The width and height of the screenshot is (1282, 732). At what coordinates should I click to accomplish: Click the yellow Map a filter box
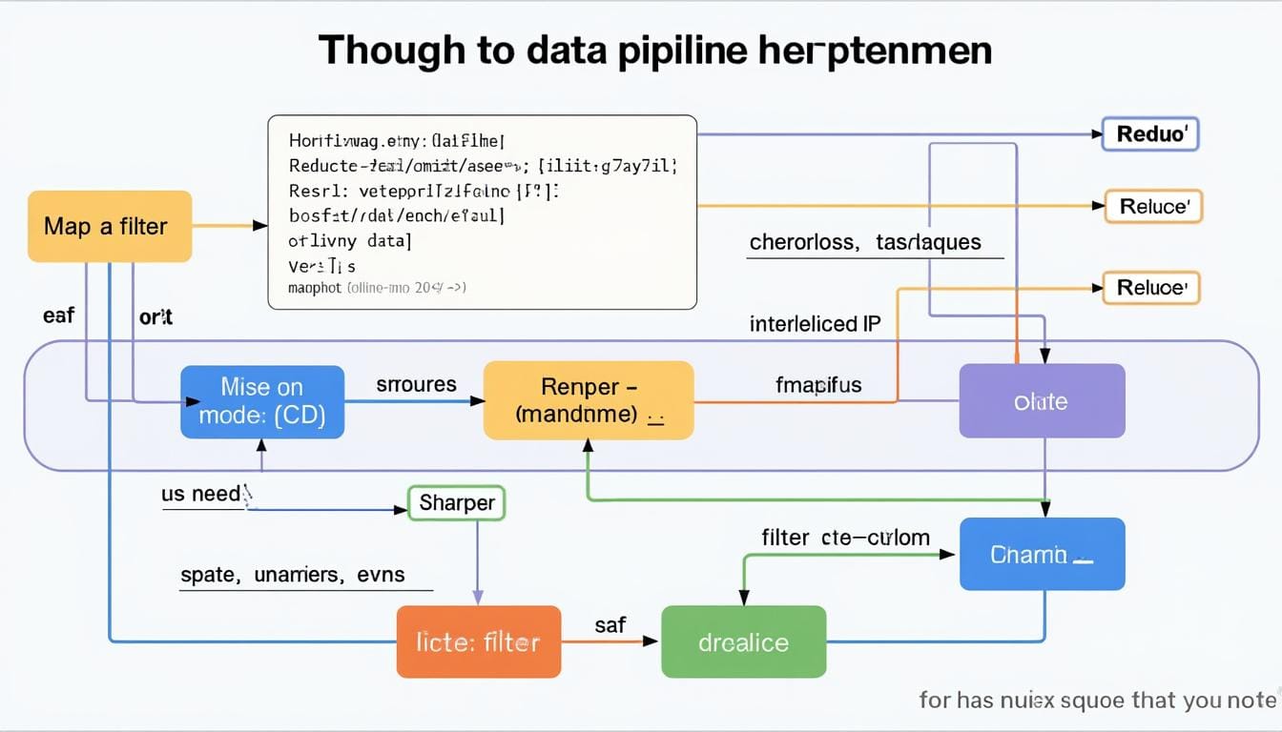click(x=110, y=227)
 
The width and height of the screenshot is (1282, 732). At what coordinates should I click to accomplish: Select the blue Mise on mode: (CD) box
click(x=262, y=401)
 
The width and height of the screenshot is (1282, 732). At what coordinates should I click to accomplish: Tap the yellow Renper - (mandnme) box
click(x=589, y=400)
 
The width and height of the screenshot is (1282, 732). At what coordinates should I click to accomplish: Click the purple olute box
click(x=1042, y=401)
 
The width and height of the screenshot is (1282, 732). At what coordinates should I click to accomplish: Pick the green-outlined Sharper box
click(x=456, y=502)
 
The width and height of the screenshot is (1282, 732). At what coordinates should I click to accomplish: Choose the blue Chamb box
click(x=1042, y=554)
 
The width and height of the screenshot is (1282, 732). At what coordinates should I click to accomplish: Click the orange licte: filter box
click(x=478, y=642)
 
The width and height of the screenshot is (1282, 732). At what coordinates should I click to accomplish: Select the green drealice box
click(x=743, y=642)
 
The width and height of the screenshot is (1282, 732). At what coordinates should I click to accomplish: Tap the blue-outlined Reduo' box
click(x=1149, y=134)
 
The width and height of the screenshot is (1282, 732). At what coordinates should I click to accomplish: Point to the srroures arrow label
click(x=416, y=385)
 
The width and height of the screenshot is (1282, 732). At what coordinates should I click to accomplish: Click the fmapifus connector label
click(x=818, y=385)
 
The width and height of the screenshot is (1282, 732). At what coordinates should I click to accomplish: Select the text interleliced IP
click(x=816, y=324)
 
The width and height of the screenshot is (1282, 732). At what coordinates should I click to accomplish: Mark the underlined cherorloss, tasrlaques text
click(x=865, y=242)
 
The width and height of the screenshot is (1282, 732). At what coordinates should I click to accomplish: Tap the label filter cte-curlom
click(x=845, y=538)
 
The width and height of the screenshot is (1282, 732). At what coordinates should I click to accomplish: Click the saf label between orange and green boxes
click(x=610, y=625)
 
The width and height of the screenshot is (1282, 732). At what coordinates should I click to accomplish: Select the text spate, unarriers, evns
click(x=292, y=575)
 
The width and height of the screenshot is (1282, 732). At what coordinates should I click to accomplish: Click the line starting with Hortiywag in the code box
click(x=395, y=141)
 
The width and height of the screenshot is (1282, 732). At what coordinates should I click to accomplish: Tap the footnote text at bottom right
click(x=1097, y=701)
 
